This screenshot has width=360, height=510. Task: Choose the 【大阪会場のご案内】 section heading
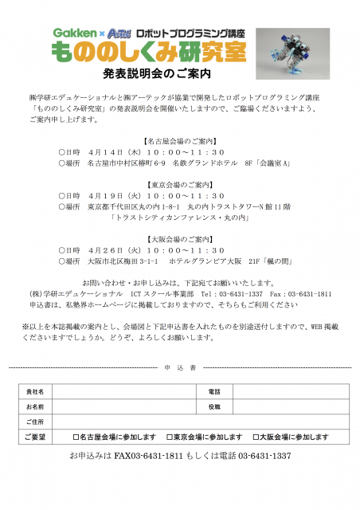pos(180,238)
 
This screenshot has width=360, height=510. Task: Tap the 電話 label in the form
pos(213,391)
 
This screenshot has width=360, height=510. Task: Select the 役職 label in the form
pos(213,406)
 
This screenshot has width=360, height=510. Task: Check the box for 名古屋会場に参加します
pos(75,437)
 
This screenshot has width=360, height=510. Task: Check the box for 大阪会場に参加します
pos(256,437)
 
